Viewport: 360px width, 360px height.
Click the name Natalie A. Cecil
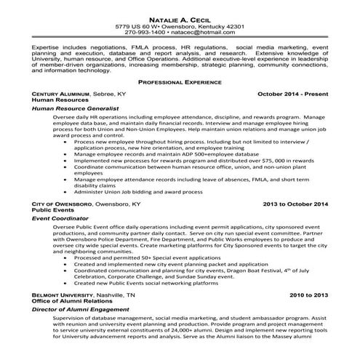pyautogui.click(x=180, y=17)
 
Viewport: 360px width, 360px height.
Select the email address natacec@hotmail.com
pyautogui.click(x=204, y=33)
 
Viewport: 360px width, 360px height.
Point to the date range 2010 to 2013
pyautogui.click(x=308, y=296)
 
